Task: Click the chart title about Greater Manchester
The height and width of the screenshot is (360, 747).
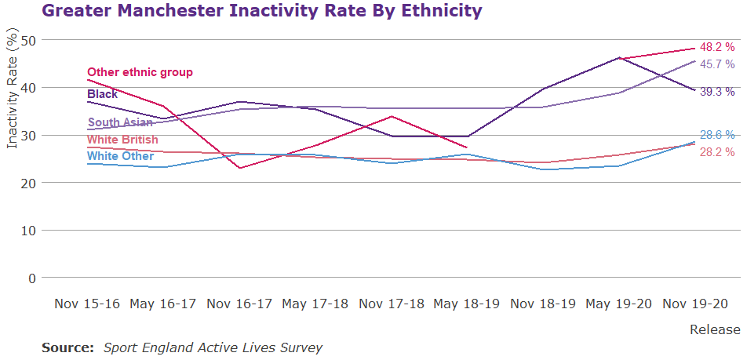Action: point(261,11)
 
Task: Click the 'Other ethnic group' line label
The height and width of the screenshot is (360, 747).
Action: point(140,72)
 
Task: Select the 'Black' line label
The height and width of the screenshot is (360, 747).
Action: point(103,94)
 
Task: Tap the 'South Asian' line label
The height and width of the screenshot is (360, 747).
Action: point(120,122)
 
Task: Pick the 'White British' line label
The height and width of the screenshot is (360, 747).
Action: point(123,140)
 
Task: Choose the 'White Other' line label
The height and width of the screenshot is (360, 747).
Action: point(120,156)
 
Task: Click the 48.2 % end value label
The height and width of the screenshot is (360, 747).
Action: point(716,47)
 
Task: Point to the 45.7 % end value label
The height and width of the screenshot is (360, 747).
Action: point(716,64)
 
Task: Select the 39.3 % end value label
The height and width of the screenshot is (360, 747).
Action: point(716,91)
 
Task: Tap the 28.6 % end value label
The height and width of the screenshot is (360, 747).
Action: point(716,135)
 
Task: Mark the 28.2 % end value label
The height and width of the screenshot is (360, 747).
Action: point(716,151)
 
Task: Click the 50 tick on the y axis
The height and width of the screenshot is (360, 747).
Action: point(28,40)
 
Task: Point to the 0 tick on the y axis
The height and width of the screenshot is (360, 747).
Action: point(32,278)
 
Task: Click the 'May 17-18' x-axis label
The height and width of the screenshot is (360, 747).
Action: point(315,304)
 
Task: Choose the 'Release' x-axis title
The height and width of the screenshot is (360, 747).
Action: point(714,329)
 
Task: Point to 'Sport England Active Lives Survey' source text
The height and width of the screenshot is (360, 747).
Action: point(213,347)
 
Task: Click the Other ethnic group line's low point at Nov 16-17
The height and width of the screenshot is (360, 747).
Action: point(239,168)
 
